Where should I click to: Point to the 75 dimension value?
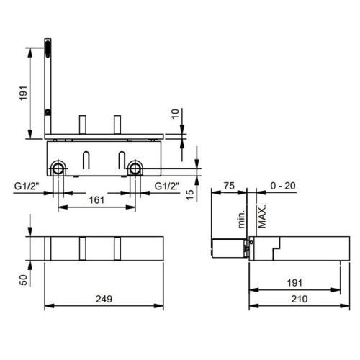tap(230, 184)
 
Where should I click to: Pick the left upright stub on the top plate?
tap(84, 123)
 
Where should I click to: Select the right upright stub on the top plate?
tap(115, 123)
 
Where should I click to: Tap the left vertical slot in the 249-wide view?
tap(84, 247)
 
